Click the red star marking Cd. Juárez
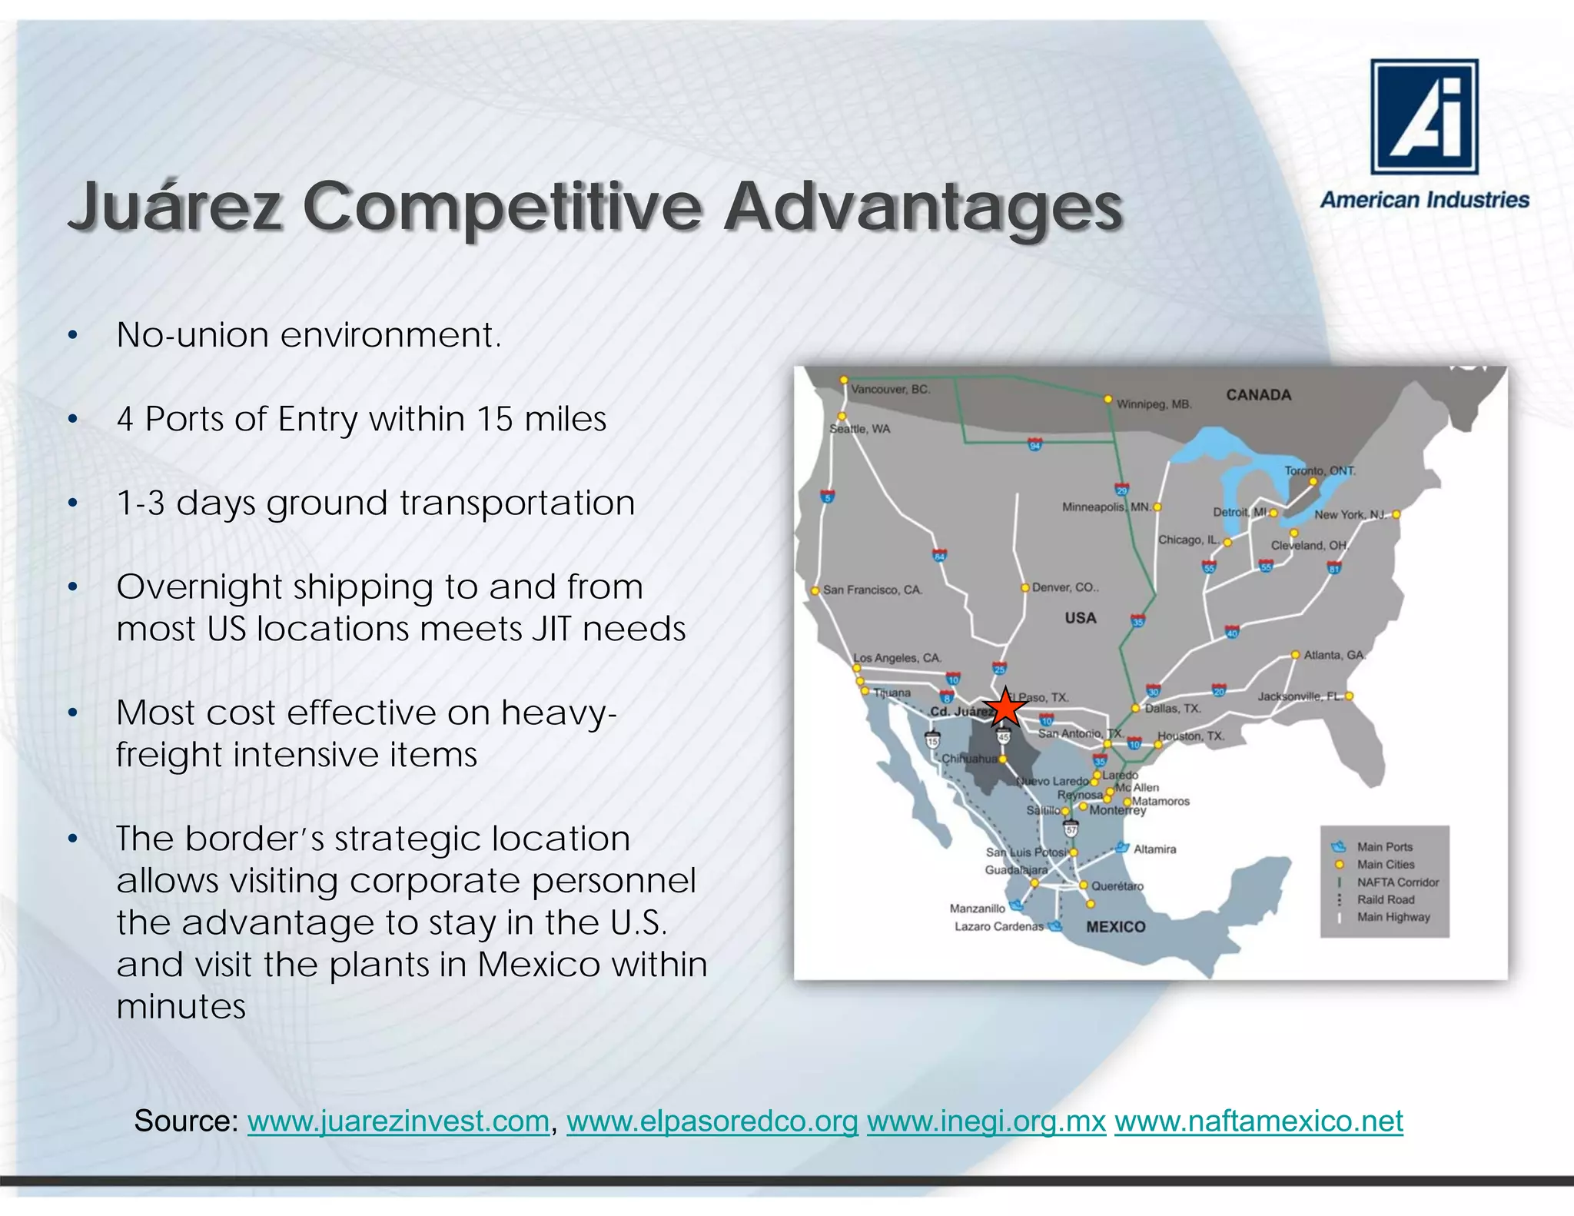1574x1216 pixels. [1005, 708]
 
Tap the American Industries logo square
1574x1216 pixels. [1424, 117]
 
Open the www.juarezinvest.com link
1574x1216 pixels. [398, 1121]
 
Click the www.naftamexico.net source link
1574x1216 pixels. [1258, 1121]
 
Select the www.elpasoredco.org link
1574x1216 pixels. [712, 1121]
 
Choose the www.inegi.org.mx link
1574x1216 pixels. [986, 1121]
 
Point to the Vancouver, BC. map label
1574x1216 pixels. [890, 389]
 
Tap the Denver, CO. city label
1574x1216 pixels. [1065, 587]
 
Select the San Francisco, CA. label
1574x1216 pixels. [872, 590]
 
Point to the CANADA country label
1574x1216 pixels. [1258, 394]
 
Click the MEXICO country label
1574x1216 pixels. [1115, 926]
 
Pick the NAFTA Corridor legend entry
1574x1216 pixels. [1397, 882]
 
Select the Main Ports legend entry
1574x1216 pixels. [1384, 846]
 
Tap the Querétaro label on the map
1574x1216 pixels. [1117, 885]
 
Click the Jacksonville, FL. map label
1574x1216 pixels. [1300, 696]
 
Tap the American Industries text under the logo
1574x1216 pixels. [1424, 200]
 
